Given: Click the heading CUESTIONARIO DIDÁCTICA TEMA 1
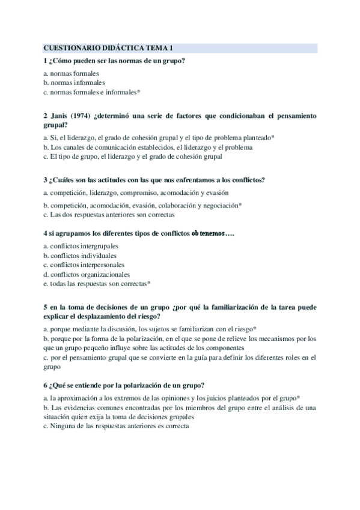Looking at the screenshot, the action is (108, 48).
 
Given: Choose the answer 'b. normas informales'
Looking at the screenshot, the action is (74, 82).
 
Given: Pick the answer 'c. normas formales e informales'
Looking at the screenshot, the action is (92, 92).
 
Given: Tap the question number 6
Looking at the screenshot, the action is (46, 385).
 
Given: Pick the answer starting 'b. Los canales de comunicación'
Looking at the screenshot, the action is (148, 147).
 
